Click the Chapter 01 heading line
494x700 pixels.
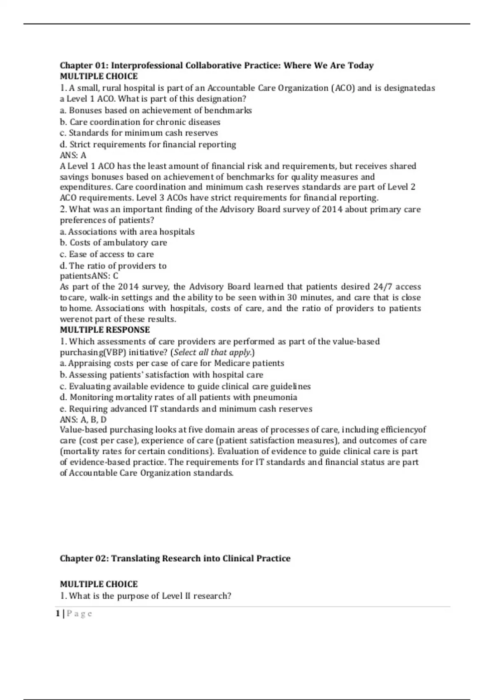coord(217,65)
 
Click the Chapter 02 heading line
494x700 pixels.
coord(175,558)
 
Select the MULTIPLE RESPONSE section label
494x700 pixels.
coord(105,330)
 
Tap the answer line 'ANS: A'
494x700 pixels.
coord(73,155)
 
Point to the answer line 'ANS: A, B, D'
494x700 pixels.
coord(83,420)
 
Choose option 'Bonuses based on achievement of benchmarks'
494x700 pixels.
coord(156,110)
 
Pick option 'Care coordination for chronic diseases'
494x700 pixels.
coord(140,122)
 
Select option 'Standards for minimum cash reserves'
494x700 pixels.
coord(139,133)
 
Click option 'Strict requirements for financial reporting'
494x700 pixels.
coord(148,145)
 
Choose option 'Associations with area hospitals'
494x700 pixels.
coord(127,232)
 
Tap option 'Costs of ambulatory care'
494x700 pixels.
coord(113,243)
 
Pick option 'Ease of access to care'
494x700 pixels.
coord(107,254)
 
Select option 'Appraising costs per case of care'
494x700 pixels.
coord(172,363)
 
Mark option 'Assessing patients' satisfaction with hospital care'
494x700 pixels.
coord(161,375)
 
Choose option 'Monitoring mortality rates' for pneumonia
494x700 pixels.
coord(178,397)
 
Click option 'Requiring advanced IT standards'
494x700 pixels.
coord(186,409)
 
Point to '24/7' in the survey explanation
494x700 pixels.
coord(382,287)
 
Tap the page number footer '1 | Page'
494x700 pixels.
coord(74,614)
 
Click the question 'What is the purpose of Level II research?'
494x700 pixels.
coord(146,596)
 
